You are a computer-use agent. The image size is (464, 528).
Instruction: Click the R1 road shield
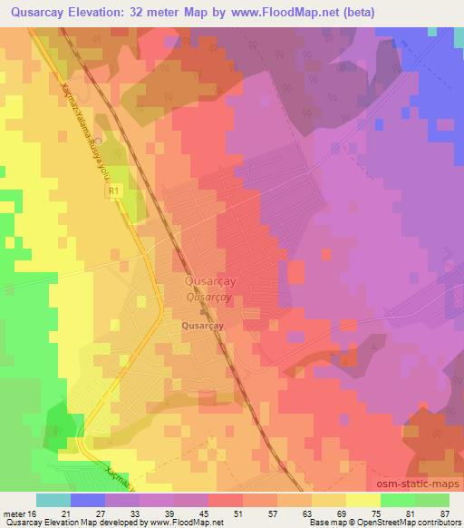113,192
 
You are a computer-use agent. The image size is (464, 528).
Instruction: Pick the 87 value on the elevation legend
445,513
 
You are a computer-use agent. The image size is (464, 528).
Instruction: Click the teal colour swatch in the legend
53,500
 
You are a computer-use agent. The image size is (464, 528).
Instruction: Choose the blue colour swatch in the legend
88,500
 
